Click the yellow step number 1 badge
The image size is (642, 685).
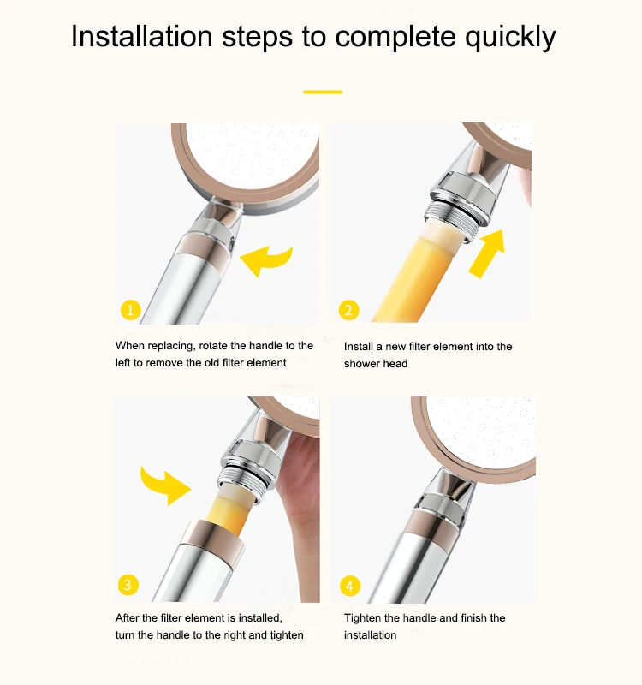[x=130, y=310]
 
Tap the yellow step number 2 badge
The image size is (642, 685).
[x=348, y=310]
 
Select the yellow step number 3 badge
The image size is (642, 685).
[x=128, y=585]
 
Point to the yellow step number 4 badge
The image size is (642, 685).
[x=350, y=586]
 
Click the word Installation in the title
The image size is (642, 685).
[x=142, y=36]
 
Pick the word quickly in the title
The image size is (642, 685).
[x=510, y=37]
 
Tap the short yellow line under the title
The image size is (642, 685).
[x=323, y=92]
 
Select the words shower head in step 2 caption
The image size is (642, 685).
[x=376, y=363]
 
